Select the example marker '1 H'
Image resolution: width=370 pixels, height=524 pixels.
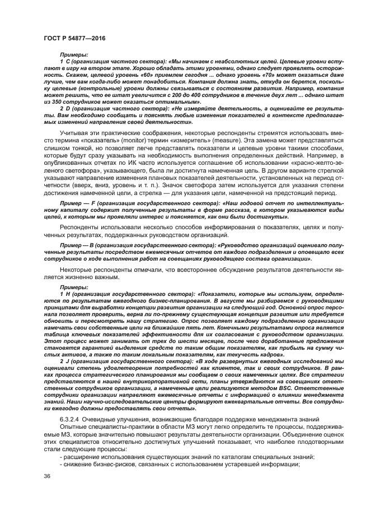(x=63, y=293)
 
